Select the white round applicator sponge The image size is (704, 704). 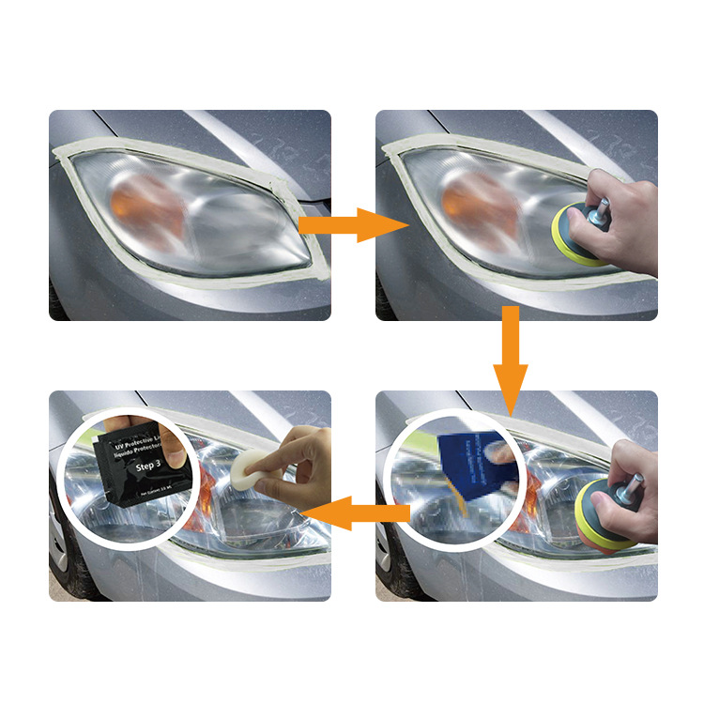coord(246,469)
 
